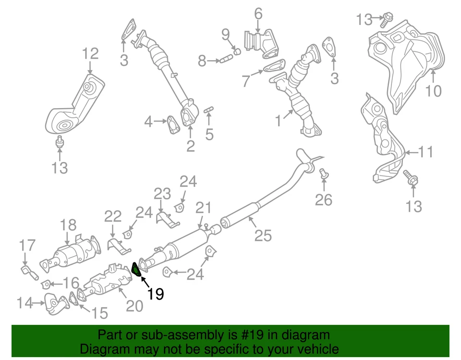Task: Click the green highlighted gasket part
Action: coord(137,270)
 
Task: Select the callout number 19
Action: coord(156,293)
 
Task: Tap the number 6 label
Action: coord(258,14)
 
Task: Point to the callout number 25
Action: coord(263,235)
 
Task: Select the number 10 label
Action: coord(433,90)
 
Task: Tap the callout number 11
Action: coord(425,152)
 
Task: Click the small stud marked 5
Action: coord(209,111)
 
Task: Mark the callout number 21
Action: coord(204,208)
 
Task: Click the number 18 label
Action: coord(68,224)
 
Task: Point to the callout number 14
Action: coord(25,303)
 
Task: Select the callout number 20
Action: coord(135,305)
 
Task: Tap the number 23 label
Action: coord(162,194)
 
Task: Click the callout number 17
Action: coord(27,246)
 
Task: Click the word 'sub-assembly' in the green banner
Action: coord(176,335)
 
